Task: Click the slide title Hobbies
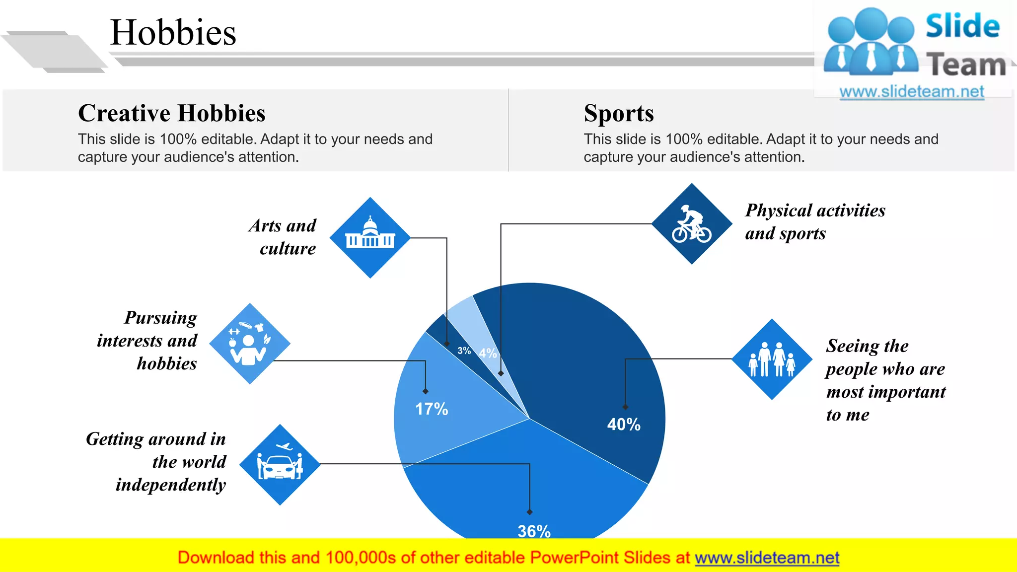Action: [x=173, y=33]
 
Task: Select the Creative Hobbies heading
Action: [x=171, y=113]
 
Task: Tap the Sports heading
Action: [x=618, y=113]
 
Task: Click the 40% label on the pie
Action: [x=624, y=425]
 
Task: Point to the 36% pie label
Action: [x=534, y=531]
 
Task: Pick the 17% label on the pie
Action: [x=432, y=409]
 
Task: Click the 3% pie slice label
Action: [x=464, y=351]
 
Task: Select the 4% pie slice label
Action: [x=488, y=353]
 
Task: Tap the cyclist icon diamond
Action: [x=691, y=224]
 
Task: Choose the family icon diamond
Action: [x=772, y=359]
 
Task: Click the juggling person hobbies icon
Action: [x=249, y=344]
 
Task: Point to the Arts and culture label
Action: [x=283, y=237]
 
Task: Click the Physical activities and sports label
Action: [x=814, y=221]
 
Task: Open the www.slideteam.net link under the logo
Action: [x=911, y=92]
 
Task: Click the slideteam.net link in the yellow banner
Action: [x=767, y=558]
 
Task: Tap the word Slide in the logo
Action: [x=962, y=26]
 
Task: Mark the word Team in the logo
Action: [x=966, y=65]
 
